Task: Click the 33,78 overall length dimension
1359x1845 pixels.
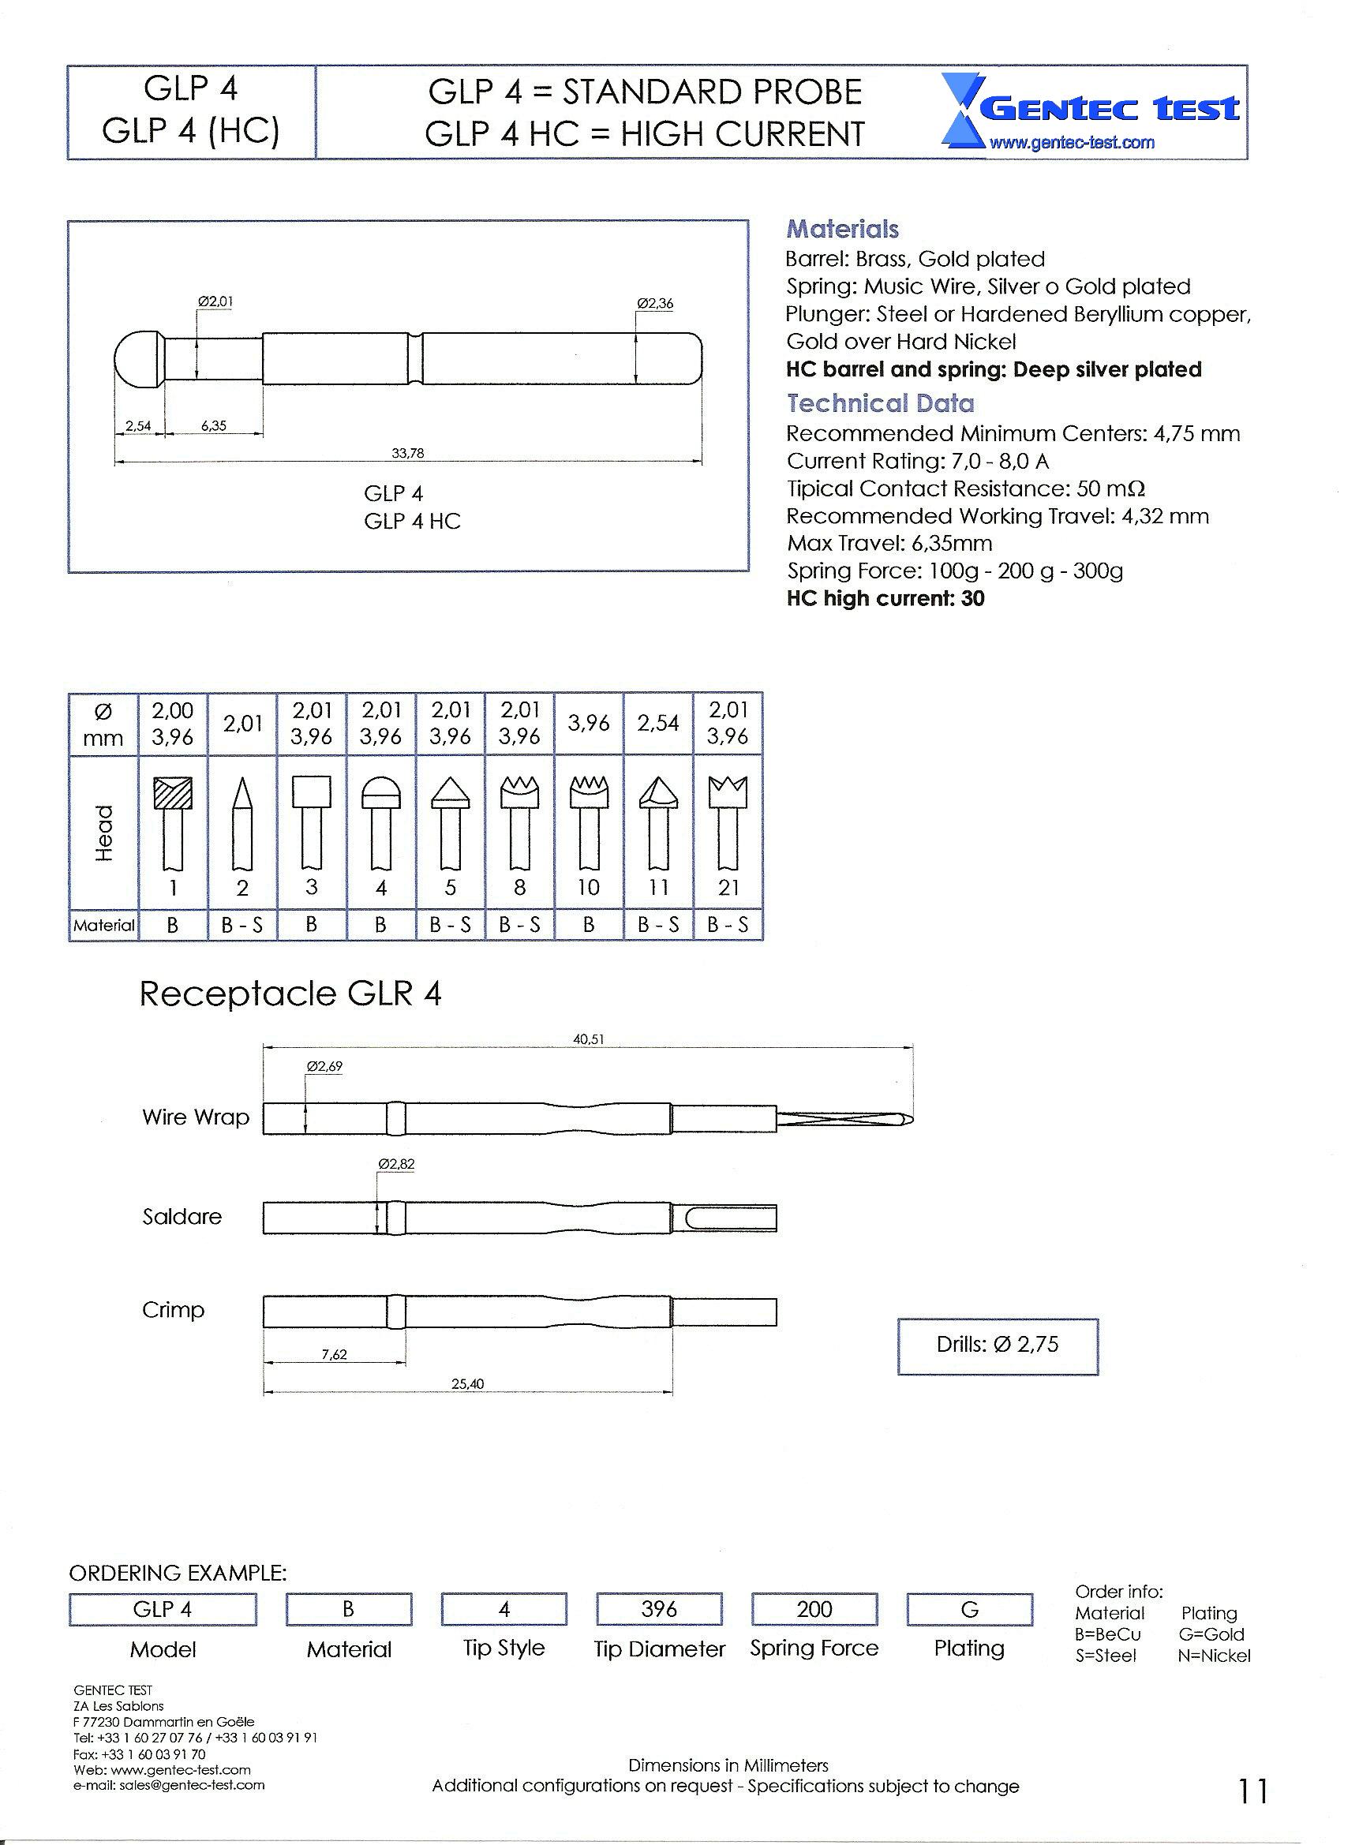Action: coord(408,453)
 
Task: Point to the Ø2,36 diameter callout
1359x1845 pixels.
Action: coord(655,304)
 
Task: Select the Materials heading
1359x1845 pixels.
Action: coord(842,230)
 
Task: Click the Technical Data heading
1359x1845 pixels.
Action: coord(880,404)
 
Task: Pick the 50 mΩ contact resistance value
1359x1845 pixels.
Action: coord(1110,489)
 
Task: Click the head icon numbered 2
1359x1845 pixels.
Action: coord(241,822)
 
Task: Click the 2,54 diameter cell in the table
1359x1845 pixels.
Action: coord(658,724)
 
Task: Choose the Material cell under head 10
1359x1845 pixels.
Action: coord(589,926)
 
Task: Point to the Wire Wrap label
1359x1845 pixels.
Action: coord(195,1117)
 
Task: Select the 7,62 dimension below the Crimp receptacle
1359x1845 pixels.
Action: coord(334,1355)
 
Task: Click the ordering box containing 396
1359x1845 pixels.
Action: coord(659,1610)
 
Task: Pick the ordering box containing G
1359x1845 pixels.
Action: coord(970,1610)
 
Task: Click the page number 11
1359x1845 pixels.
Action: coord(1253,1791)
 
